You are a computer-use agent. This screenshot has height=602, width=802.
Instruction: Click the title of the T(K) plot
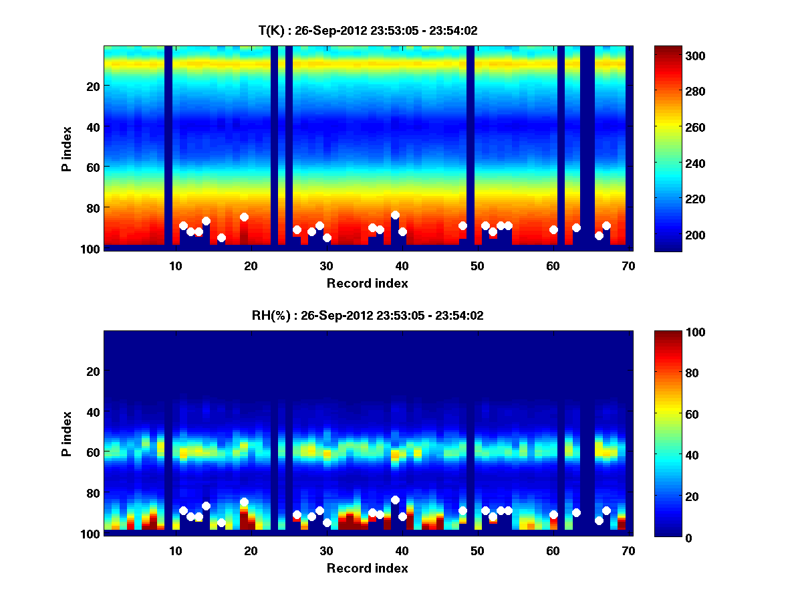[368, 30]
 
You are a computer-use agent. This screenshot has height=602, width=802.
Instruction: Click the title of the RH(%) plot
[368, 316]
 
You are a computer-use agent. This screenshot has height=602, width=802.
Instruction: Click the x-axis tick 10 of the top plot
[175, 265]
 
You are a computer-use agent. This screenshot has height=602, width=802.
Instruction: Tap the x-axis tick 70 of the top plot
[628, 265]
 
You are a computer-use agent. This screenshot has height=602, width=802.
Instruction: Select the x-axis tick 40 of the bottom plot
[402, 550]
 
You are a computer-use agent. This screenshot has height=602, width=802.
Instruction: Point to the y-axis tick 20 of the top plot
[93, 86]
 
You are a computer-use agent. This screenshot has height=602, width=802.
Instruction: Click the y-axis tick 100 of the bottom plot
[90, 534]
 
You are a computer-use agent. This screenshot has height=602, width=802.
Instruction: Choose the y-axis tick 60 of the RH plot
[93, 452]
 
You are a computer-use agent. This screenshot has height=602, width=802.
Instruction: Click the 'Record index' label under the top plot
[368, 283]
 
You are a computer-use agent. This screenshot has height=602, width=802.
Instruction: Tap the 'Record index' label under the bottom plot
[368, 568]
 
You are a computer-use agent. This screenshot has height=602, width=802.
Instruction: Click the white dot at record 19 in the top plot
[244, 217]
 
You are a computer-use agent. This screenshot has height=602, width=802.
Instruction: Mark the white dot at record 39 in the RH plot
[395, 500]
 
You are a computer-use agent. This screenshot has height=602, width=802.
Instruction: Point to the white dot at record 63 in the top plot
[576, 227]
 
